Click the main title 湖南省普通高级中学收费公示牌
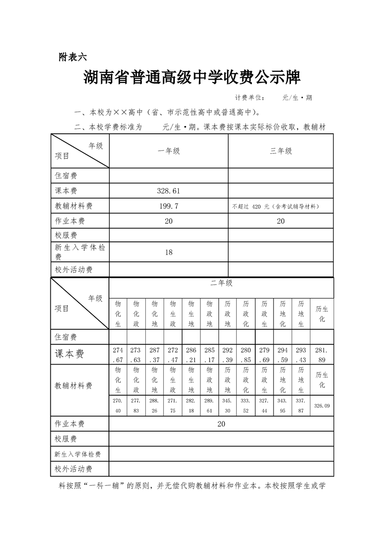point(192,77)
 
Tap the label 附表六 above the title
point(72,57)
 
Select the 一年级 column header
point(169,151)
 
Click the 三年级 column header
point(281,151)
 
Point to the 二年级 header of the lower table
point(221,283)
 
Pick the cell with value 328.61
point(169,191)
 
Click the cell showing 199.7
point(169,206)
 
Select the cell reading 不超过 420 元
point(275,207)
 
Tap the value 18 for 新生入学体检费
point(169,252)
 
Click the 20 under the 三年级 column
point(281,221)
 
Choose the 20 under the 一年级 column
point(169,221)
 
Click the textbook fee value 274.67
point(118,354)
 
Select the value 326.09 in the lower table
point(322,405)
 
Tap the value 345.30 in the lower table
point(228,405)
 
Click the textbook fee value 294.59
point(282,354)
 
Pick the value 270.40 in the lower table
point(118,405)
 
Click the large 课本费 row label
point(69,354)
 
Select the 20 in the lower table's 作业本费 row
point(221,424)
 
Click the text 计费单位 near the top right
point(249,97)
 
